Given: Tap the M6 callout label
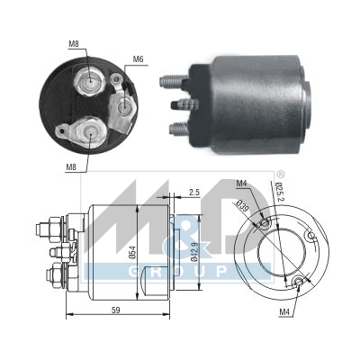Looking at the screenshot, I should [x=138, y=59].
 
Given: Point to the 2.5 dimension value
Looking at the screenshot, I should [x=194, y=191].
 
